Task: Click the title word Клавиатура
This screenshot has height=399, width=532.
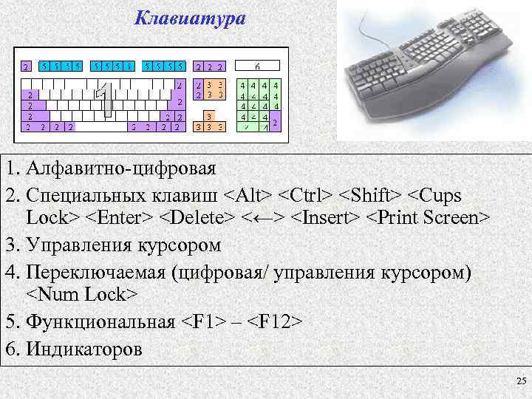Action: [190, 18]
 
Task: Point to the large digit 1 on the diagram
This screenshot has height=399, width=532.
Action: [106, 102]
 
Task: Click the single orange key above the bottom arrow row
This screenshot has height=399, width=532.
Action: [210, 116]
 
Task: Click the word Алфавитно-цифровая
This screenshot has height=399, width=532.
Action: [121, 168]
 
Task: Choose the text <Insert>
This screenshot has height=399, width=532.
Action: [324, 218]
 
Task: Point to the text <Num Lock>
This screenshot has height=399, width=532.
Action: [82, 295]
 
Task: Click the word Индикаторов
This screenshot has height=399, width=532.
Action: [84, 347]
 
